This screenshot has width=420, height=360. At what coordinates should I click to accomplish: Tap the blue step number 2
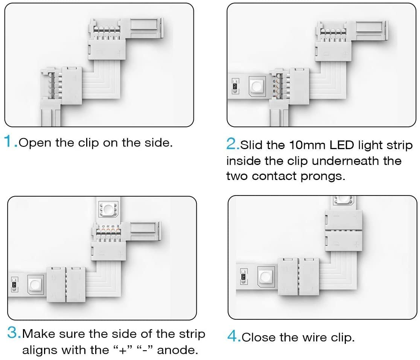click(231, 144)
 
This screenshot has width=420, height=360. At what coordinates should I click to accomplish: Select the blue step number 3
click(14, 333)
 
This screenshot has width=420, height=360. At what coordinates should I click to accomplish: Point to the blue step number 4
click(233, 336)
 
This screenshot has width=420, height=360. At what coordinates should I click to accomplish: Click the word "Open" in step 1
click(35, 143)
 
